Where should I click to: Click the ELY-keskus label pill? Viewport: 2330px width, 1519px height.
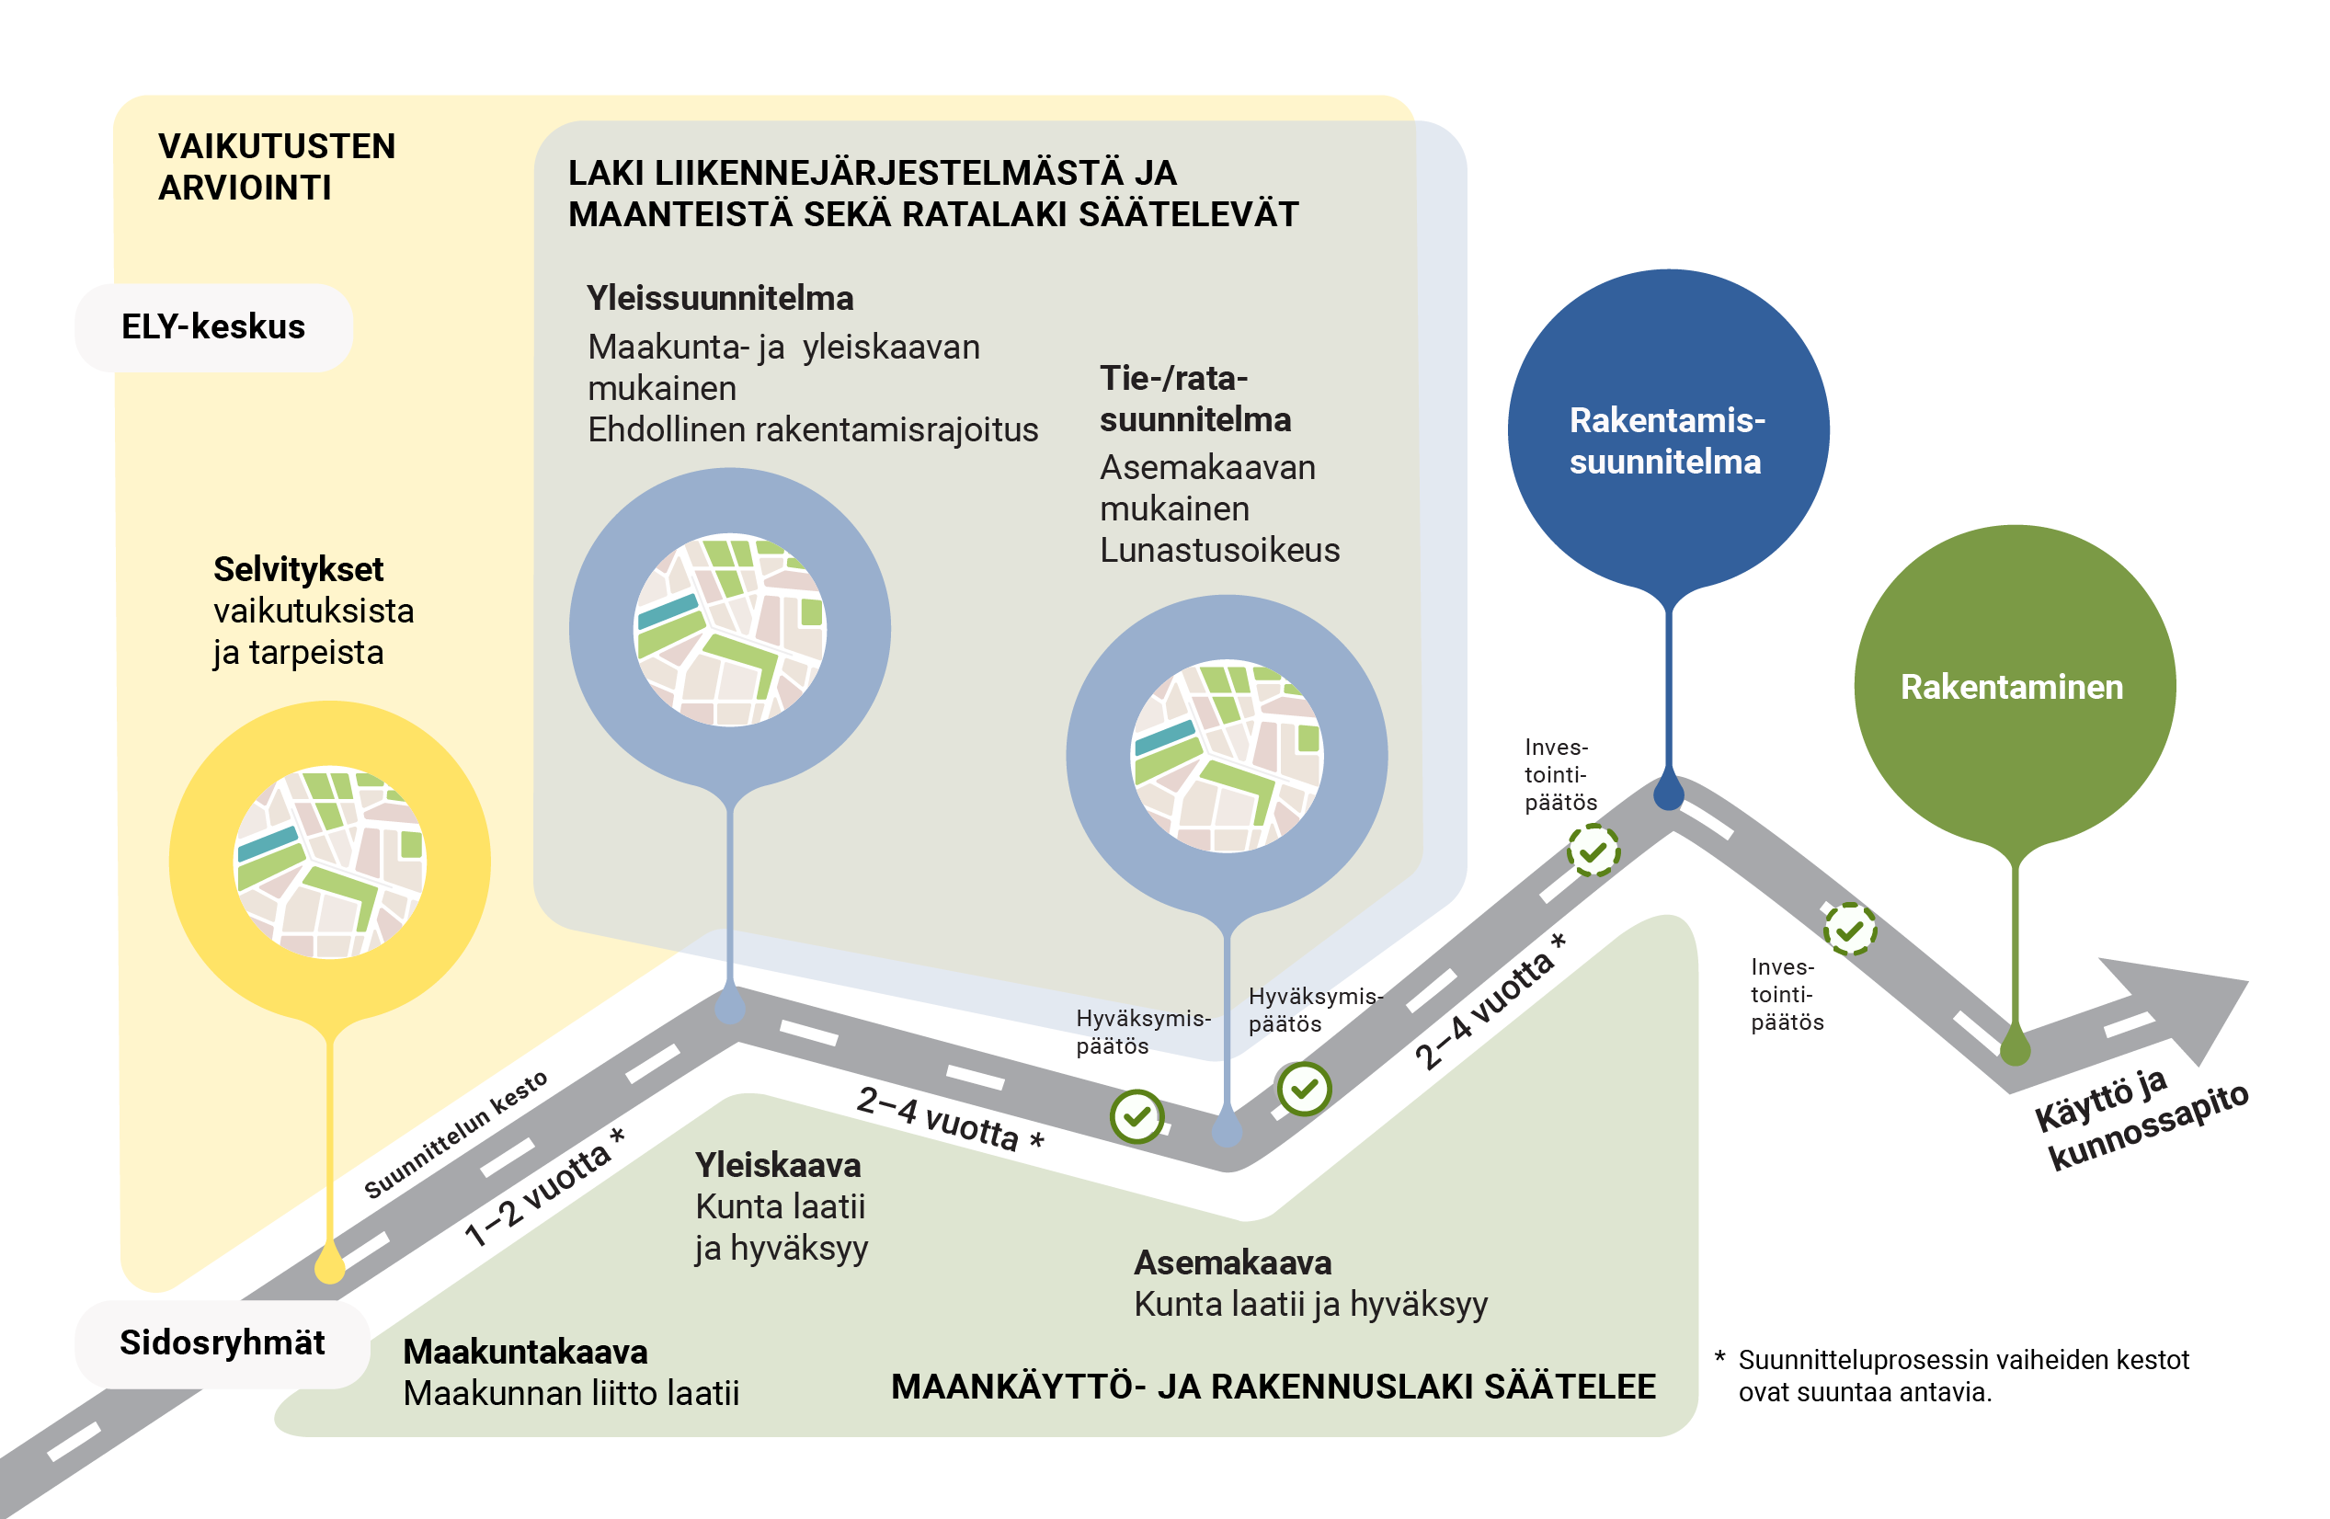click(213, 327)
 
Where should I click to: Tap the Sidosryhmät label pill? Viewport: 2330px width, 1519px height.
click(223, 1342)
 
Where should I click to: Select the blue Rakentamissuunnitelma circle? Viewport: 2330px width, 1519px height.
click(1667, 430)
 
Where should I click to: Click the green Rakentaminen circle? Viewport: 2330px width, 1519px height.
click(2013, 685)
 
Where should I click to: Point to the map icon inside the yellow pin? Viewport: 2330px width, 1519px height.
click(330, 862)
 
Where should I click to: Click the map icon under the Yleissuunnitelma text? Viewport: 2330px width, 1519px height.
click(730, 629)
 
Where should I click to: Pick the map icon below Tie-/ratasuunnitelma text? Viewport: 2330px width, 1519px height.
click(1227, 756)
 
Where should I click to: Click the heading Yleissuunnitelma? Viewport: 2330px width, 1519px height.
click(720, 299)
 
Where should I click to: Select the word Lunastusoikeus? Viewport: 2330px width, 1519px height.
click(1219, 550)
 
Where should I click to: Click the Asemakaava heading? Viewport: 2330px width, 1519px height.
click(1231, 1262)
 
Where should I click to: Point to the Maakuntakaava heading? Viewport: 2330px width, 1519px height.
click(525, 1352)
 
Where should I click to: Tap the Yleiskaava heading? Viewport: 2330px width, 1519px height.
click(777, 1165)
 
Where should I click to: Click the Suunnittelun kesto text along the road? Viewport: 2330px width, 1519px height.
click(455, 1135)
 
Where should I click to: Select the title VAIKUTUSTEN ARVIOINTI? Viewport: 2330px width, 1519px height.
click(276, 166)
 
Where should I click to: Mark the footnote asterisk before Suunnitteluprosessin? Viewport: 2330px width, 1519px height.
click(1720, 1357)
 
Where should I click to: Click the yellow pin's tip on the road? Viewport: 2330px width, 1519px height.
click(330, 1269)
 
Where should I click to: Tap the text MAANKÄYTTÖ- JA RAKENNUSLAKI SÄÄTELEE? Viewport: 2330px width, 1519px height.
click(1273, 1387)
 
